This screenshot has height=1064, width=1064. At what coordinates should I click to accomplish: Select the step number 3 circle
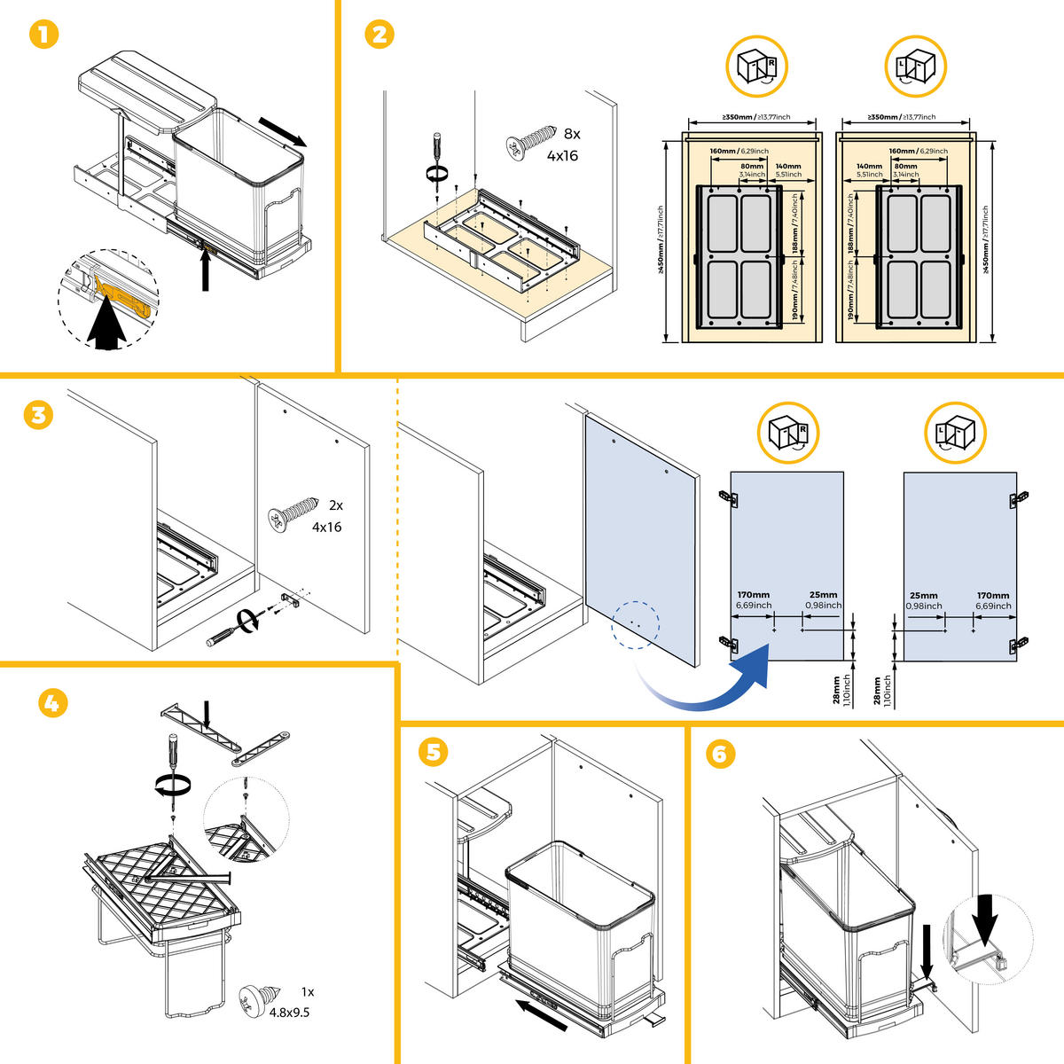(x=37, y=415)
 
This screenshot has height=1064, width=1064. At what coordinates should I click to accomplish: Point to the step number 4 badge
(x=53, y=703)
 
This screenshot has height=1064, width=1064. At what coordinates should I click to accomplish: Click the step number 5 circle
(x=433, y=753)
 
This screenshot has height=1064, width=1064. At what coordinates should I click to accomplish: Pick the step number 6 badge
(x=720, y=754)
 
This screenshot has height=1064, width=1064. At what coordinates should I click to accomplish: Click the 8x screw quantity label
(x=571, y=134)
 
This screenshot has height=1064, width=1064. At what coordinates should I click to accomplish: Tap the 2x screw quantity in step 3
(x=335, y=505)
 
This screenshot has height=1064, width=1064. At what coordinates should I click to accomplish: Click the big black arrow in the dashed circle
(x=108, y=326)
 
